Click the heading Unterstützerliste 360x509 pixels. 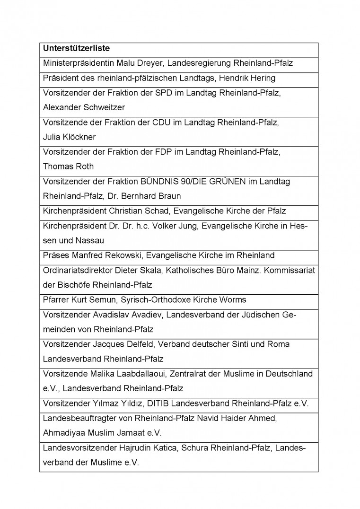[77, 48]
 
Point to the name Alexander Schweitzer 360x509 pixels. [84, 107]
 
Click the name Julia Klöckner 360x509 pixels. [69, 137]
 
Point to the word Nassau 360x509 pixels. [91, 240]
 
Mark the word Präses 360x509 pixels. [55, 255]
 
